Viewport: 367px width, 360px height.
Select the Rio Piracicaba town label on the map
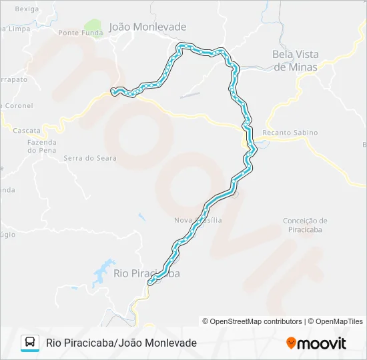146,273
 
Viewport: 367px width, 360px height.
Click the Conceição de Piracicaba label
305,226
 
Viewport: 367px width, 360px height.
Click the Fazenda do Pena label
41,146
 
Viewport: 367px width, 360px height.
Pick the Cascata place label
27,131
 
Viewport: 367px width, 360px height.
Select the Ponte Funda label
81,33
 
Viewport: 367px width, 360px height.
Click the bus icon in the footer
30,343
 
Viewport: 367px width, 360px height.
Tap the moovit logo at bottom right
316,343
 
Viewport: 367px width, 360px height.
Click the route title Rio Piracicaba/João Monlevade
121,343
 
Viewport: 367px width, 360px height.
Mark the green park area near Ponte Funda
92,27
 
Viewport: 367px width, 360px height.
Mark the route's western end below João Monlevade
115,91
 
